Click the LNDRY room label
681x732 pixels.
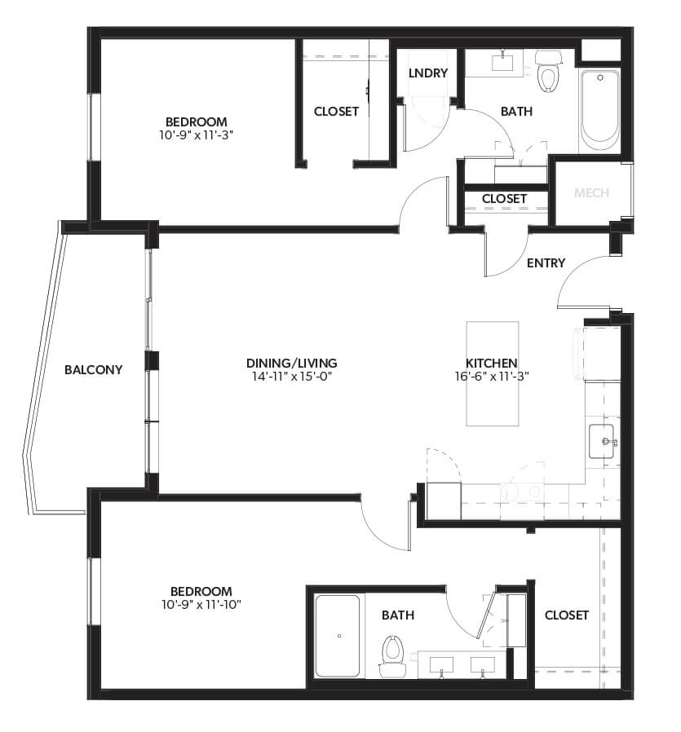coord(428,73)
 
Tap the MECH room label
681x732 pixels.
coord(592,193)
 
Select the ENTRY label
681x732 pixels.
coord(546,262)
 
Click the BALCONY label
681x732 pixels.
coord(94,369)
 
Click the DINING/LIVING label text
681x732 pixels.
coord(291,363)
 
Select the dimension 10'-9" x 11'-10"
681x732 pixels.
coord(201,604)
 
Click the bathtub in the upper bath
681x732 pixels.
coord(599,110)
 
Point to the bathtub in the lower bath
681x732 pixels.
coord(338,636)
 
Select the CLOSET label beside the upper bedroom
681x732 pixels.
coord(336,112)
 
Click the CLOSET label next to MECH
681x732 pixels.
coord(504,198)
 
